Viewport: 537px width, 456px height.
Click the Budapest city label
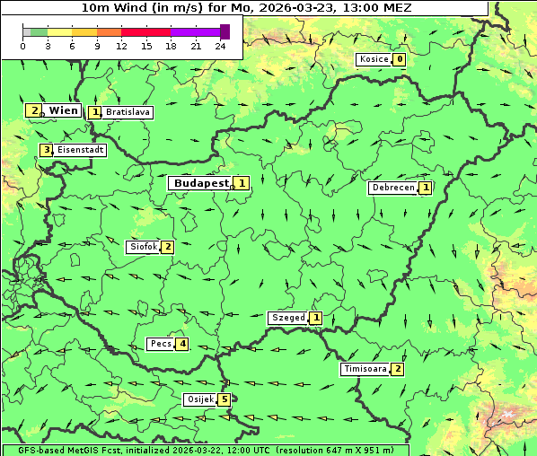click(201, 182)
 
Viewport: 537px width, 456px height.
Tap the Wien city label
click(63, 110)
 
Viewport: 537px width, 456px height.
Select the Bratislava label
click(127, 113)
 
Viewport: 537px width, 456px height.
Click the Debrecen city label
click(392, 188)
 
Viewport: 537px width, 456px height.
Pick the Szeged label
click(287, 318)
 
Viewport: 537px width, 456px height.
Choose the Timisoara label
click(365, 369)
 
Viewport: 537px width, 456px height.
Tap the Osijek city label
click(199, 399)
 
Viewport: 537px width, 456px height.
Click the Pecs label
click(162, 344)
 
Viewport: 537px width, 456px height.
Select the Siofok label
click(143, 247)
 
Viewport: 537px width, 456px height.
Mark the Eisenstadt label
click(80, 150)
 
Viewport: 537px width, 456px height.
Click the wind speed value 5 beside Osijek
click(224, 399)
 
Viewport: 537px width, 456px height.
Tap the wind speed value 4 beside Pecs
click(182, 344)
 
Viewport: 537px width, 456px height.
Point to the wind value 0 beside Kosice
click(400, 59)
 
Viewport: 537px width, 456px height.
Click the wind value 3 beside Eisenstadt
click(46, 150)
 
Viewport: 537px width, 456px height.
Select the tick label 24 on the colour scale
click(220, 46)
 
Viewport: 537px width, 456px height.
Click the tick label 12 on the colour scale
click(121, 46)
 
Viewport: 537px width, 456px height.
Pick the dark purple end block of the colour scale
click(224, 31)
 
